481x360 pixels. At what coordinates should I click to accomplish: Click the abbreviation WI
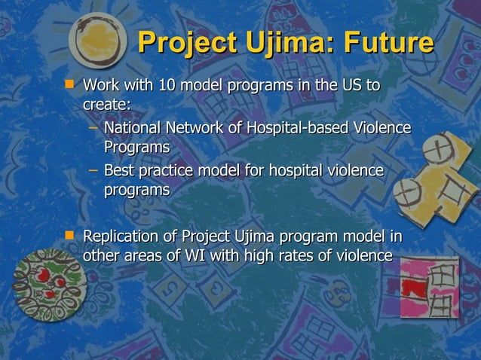coord(195,255)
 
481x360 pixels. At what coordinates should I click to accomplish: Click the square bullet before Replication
coord(71,236)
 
